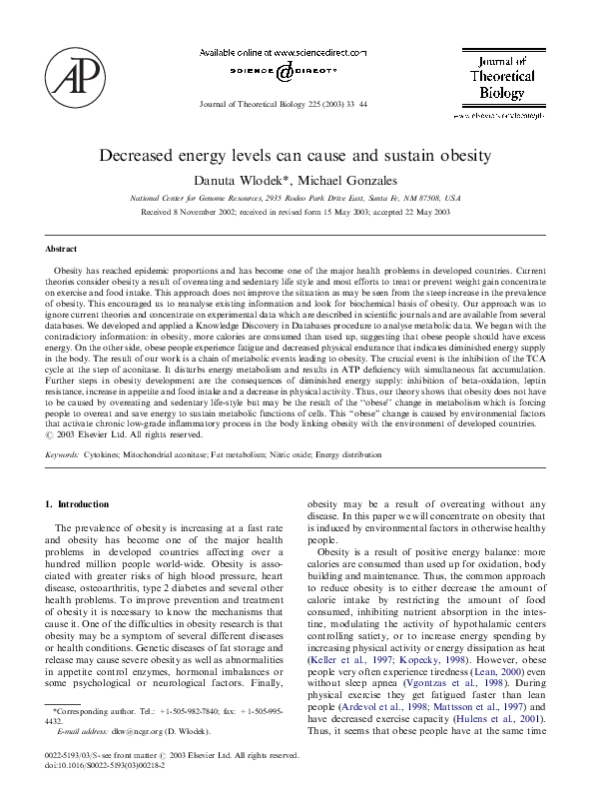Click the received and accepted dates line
[x=296, y=212]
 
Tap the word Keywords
[x=63, y=454]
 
